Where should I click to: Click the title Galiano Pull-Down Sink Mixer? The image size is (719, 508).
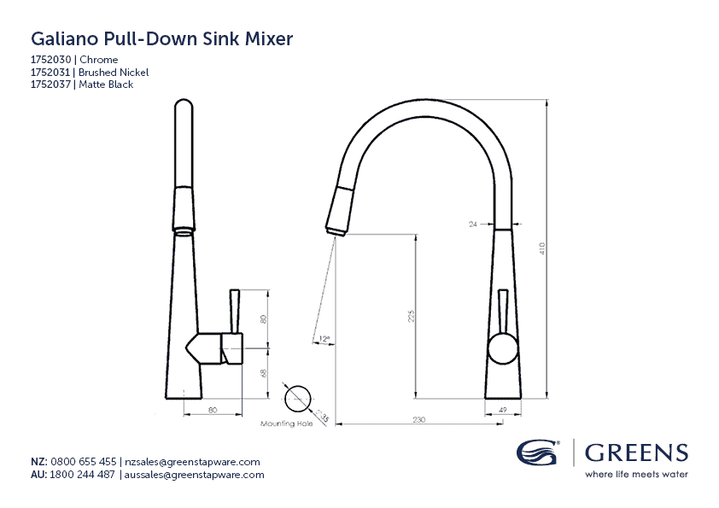pyautogui.click(x=162, y=39)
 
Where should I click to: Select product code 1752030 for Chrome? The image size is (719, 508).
pyautogui.click(x=51, y=60)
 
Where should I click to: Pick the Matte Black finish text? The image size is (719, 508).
pyautogui.click(x=106, y=85)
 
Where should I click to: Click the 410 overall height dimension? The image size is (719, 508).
pyautogui.click(x=542, y=248)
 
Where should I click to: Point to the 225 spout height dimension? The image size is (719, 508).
pyautogui.click(x=411, y=316)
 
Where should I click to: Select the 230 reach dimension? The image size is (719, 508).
pyautogui.click(x=419, y=418)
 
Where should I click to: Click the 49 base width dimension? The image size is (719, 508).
pyautogui.click(x=502, y=411)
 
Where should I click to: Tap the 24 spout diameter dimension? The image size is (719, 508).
pyautogui.click(x=472, y=224)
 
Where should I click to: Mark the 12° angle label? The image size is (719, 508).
pyautogui.click(x=324, y=339)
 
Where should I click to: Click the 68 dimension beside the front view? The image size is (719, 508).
pyautogui.click(x=264, y=373)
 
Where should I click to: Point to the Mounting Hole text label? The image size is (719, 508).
pyautogui.click(x=287, y=423)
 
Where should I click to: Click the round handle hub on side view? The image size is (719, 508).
pyautogui.click(x=502, y=349)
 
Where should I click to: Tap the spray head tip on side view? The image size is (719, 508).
pyautogui.click(x=334, y=229)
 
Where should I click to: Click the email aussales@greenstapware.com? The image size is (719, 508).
pyautogui.click(x=195, y=475)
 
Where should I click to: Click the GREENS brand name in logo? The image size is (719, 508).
pyautogui.click(x=636, y=453)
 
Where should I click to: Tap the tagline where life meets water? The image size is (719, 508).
pyautogui.click(x=636, y=474)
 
